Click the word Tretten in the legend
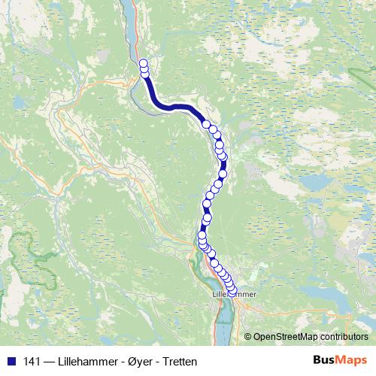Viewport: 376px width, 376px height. click(179, 362)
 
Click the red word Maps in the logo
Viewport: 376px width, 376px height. click(352, 360)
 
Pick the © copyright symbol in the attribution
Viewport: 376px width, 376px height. click(248, 337)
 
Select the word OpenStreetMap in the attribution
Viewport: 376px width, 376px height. click(285, 337)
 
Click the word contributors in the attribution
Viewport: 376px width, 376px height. click(343, 337)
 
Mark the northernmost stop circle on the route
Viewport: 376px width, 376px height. click(144, 64)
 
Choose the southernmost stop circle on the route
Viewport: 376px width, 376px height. click(232, 291)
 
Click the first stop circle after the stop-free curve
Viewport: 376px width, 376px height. click(206, 124)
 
